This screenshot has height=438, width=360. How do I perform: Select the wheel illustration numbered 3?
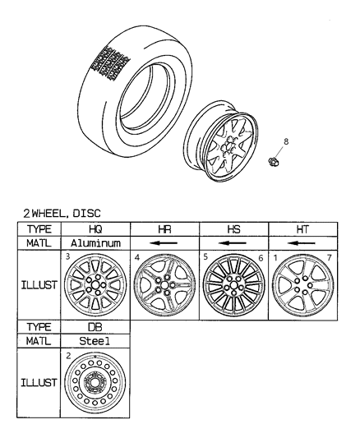(x=97, y=286)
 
